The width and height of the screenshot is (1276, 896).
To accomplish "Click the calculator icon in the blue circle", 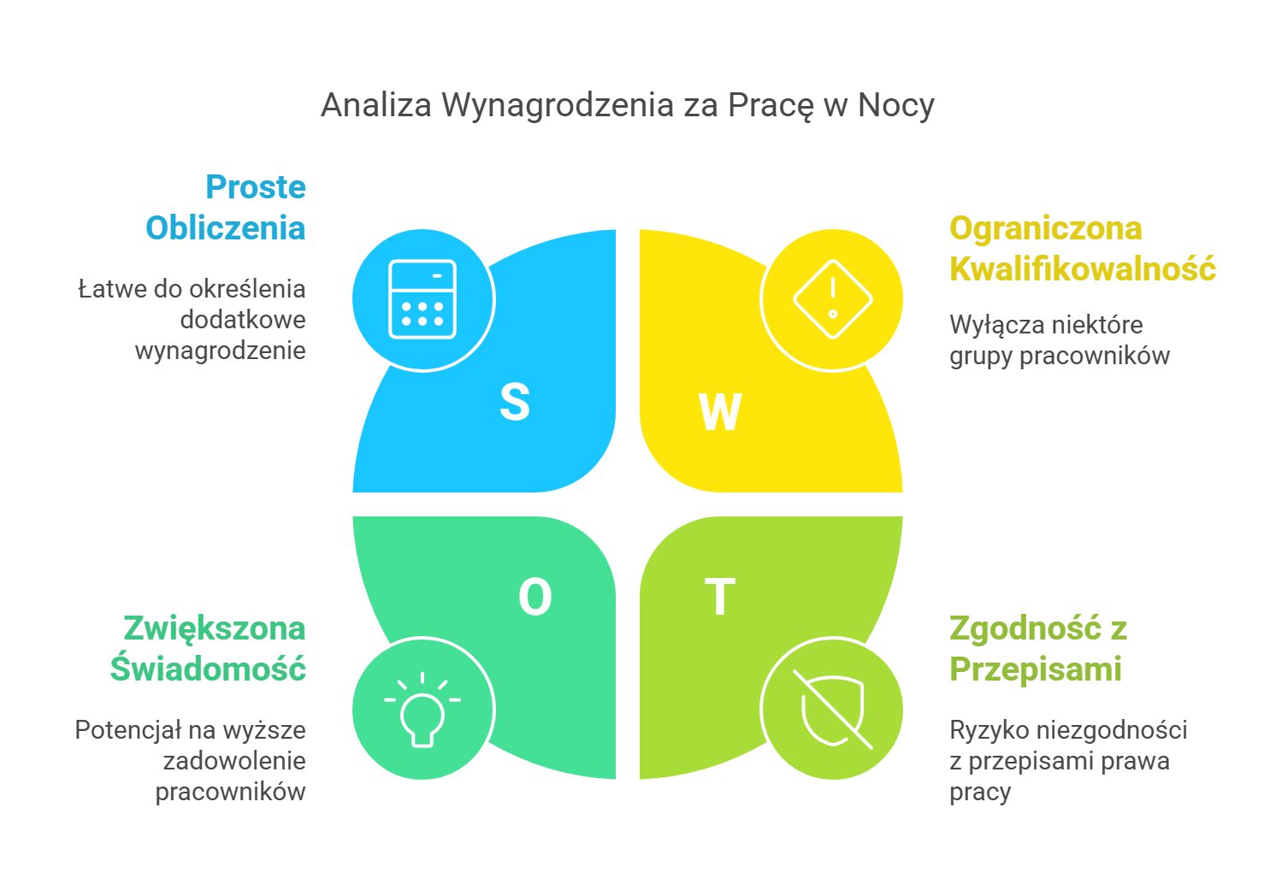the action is [422, 299].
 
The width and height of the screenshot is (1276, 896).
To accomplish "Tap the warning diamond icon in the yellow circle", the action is [832, 299].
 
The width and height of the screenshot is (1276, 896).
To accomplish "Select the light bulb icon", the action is [422, 709].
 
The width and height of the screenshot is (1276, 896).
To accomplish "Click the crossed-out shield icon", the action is [832, 709].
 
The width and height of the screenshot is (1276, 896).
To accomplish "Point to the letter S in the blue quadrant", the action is [515, 402].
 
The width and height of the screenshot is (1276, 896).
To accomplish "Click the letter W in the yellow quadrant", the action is [720, 412].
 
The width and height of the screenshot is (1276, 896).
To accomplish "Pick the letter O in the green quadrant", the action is [535, 597].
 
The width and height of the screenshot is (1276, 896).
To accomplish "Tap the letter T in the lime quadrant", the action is [720, 597].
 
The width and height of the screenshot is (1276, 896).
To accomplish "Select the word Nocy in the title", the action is [895, 105].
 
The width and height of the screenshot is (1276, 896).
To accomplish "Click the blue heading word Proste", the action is [256, 186].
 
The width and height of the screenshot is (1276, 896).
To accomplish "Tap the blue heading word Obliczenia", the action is [226, 228].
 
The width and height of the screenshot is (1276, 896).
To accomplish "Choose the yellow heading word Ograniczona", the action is [1046, 228].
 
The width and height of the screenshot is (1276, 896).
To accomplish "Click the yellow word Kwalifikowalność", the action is [1083, 268].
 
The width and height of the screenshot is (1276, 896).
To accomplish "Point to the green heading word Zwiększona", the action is [215, 628].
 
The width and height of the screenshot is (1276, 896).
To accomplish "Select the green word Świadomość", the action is [208, 669].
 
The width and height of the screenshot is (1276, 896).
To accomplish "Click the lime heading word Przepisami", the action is [1036, 669].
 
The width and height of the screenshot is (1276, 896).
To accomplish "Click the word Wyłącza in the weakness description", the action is [986, 325].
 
